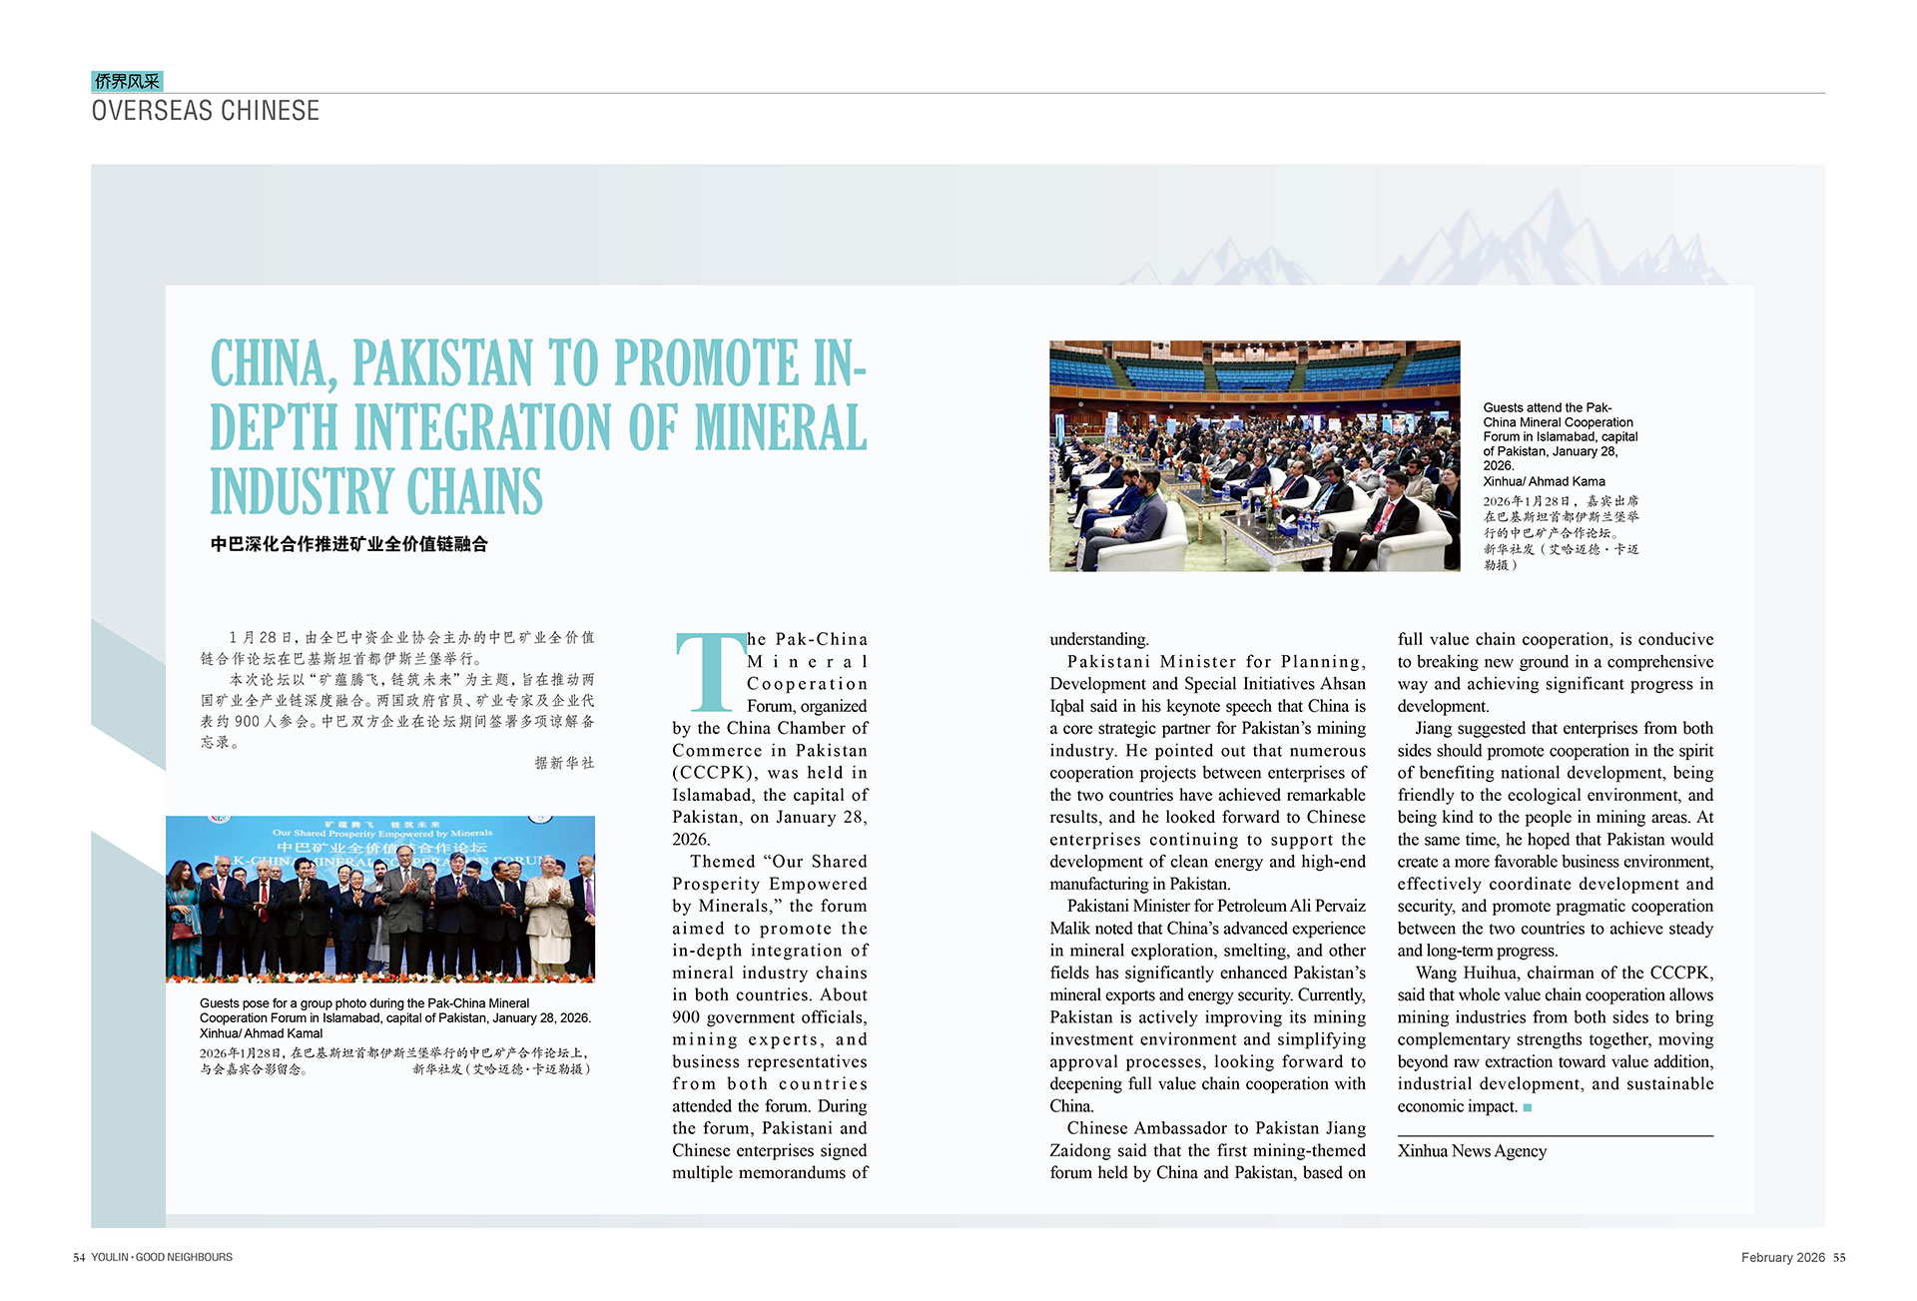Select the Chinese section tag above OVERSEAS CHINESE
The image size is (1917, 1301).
(x=127, y=81)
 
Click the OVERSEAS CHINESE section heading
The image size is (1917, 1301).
(x=206, y=111)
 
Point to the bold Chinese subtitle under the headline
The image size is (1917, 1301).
(x=349, y=544)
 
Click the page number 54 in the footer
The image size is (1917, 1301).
(x=79, y=1257)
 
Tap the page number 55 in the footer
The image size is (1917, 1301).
(x=1839, y=1257)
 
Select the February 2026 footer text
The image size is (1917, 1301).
(x=1782, y=1257)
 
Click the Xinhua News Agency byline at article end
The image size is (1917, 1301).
(x=1472, y=1151)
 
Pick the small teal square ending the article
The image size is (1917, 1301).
(x=1527, y=1107)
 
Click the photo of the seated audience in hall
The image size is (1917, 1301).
(x=1254, y=456)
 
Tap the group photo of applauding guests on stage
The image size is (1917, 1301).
(x=380, y=899)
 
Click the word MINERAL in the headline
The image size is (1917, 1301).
(x=780, y=427)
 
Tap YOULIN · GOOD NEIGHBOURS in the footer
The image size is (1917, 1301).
(x=162, y=1257)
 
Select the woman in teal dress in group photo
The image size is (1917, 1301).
(x=183, y=919)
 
